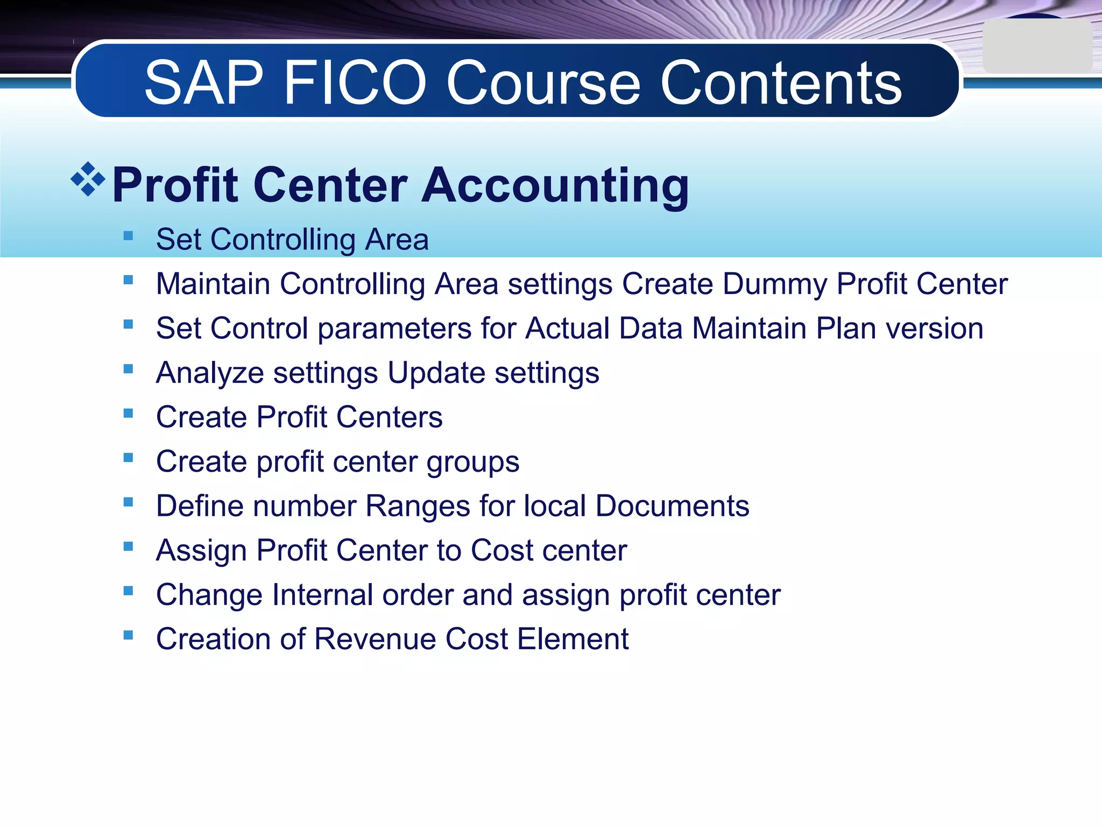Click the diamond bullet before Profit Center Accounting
88,179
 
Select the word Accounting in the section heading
555,186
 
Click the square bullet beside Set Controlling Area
128,235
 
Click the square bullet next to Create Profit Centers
128,413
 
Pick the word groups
473,462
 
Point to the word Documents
672,506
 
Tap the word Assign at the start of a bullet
202,551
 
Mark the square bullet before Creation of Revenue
128,635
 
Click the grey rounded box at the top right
1037,46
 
